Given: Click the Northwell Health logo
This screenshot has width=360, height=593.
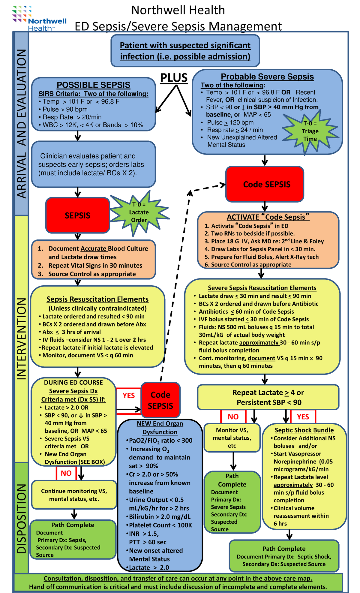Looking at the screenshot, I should point(39,19).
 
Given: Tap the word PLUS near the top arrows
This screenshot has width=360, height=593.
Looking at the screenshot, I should point(174,78).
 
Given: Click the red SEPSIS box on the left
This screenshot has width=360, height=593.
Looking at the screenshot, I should point(78,215).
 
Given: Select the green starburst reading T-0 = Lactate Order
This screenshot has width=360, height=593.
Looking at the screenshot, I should point(139,212).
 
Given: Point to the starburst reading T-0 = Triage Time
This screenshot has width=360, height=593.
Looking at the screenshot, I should point(310,131).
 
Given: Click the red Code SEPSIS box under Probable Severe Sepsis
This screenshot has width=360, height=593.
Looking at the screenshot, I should point(265,184).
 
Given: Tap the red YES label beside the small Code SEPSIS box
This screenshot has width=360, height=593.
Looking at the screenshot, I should point(129,396).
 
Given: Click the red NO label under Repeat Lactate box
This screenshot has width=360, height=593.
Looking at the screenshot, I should point(233,417).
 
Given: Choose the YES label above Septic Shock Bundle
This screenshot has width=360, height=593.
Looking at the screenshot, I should point(303,417).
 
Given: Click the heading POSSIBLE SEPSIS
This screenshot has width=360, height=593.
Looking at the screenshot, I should point(94,85).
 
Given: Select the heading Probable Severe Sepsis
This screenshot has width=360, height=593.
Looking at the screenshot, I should point(267,77).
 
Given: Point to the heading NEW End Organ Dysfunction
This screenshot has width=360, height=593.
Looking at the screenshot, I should point(160,428).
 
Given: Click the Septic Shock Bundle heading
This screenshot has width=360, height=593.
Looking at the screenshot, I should point(304,430).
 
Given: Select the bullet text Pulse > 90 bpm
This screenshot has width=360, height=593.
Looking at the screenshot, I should point(65,109).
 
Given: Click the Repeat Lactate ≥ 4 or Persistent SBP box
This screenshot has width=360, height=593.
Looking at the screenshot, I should point(268,397).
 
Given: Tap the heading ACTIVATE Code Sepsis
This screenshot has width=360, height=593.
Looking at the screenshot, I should point(268,217).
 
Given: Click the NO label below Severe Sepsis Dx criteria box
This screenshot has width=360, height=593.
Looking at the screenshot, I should point(66,473).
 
